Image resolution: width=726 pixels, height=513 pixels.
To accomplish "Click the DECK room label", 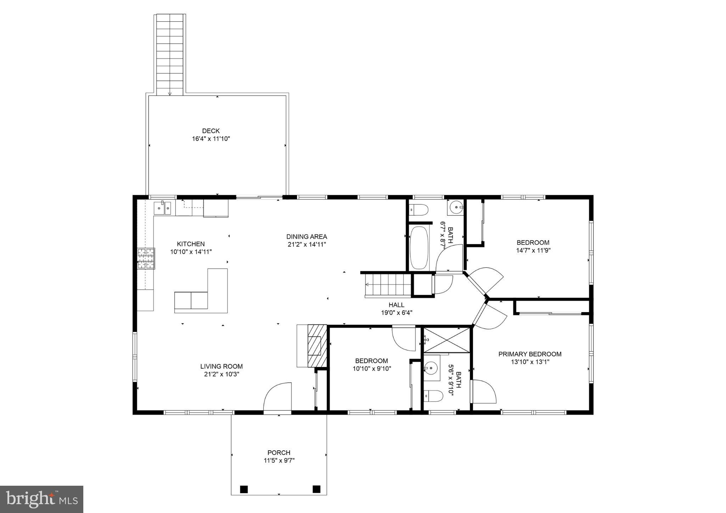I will tap(211, 131).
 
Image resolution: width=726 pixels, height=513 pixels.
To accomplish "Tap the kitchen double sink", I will tap(163, 208).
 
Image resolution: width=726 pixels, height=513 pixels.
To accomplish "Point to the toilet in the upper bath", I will tap(418, 209).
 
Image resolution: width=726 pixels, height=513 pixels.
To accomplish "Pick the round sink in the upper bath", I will tap(456, 206).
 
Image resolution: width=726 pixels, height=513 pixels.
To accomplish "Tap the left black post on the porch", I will tap(244, 489).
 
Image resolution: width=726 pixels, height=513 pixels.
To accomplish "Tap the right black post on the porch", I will tap(316, 489).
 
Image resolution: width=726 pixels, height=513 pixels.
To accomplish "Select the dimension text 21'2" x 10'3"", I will tap(222, 374).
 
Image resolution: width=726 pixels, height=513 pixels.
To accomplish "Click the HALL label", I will tap(396, 305).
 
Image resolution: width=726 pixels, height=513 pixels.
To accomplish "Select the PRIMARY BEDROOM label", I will tap(530, 354).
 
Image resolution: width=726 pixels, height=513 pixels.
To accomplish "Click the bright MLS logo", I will tap(41, 499).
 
